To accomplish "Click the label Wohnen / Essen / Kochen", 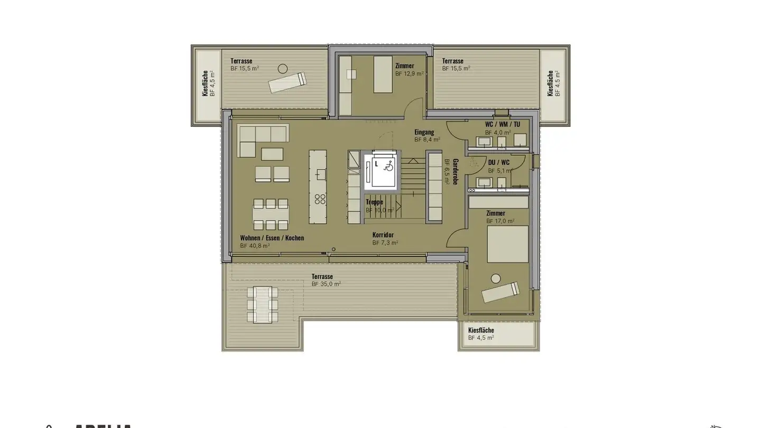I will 272,238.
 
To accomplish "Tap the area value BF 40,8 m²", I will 255,246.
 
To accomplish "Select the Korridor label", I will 383,235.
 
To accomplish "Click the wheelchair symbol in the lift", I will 388,166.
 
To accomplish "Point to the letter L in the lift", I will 376,164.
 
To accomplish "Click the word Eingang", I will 424,132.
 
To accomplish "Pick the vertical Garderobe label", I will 455,171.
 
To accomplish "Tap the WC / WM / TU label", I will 502,124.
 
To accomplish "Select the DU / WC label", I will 498,162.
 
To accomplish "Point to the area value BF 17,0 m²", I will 500,221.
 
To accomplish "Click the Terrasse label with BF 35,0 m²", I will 322,276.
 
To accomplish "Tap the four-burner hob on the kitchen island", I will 320,199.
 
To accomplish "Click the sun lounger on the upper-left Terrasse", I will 287,82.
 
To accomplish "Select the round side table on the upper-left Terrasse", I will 283,68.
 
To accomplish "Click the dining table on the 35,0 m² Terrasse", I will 262,304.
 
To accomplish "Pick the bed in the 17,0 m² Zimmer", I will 507,244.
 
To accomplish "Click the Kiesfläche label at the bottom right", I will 481,330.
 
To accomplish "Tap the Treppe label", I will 374,202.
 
